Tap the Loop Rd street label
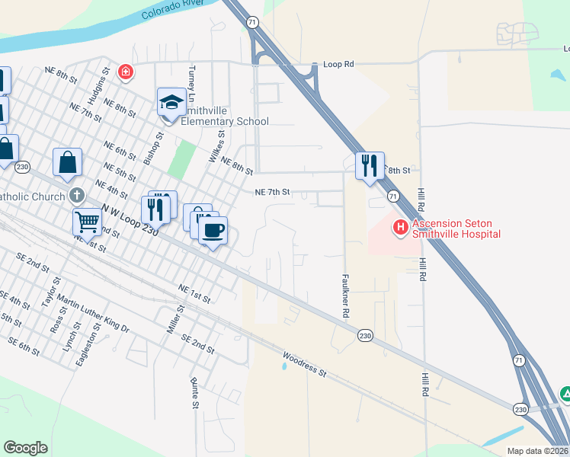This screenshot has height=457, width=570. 338,65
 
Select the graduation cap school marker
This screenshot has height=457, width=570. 172,103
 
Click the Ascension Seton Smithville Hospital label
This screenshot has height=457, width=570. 456,228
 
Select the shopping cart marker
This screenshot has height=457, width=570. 87,222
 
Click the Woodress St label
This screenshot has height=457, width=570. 304,364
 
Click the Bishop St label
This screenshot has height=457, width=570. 155,148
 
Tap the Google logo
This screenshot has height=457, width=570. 26,448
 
